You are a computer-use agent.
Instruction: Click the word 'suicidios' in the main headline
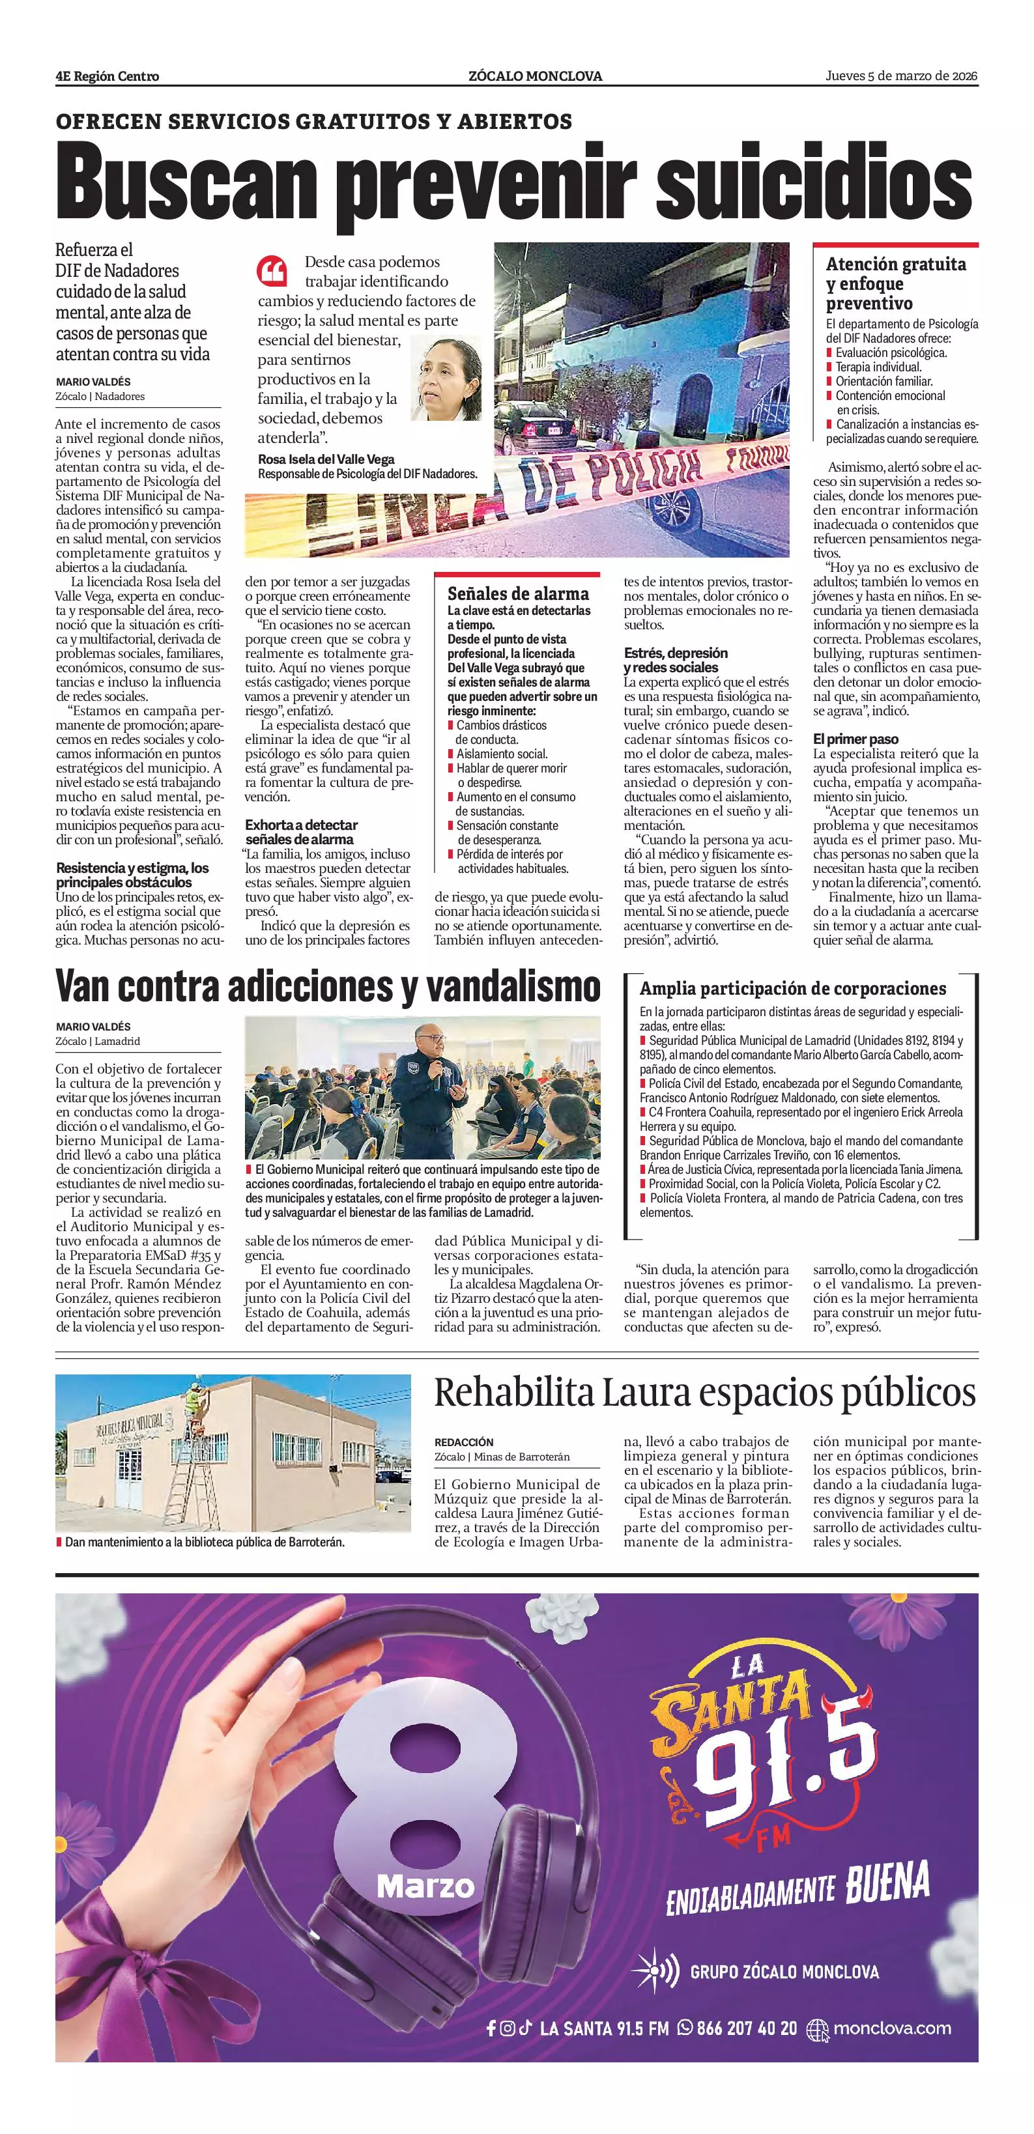pos(814,184)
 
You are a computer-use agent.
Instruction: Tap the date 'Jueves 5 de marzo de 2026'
pos(902,76)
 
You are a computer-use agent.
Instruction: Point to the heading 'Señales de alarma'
pos(518,593)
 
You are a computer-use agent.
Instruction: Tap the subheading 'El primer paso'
pos(855,738)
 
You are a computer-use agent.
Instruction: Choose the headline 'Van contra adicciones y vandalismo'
pos(328,985)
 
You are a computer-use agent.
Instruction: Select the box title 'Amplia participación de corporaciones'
pos(793,988)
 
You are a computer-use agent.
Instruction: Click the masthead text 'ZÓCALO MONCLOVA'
pos(534,76)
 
